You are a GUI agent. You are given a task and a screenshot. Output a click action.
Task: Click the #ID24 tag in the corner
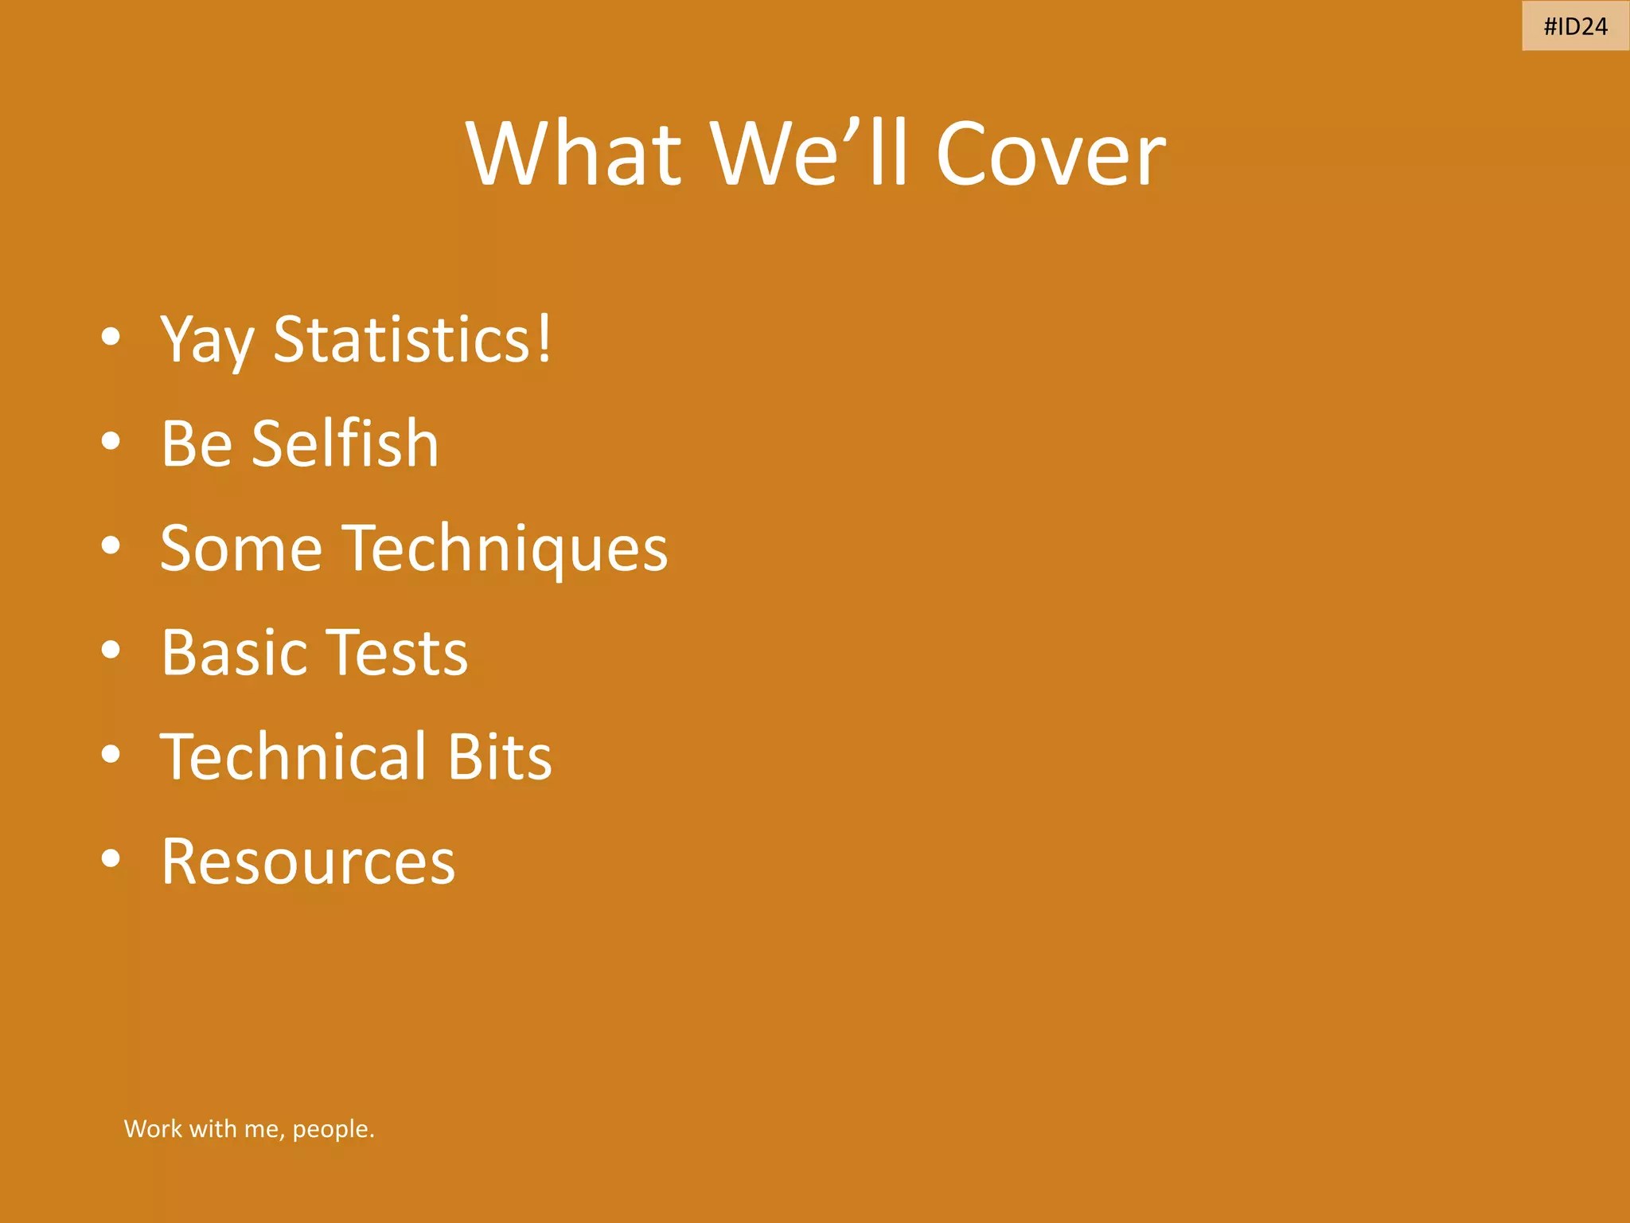pos(1575,26)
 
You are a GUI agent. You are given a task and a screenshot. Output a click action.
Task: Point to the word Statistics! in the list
pos(412,339)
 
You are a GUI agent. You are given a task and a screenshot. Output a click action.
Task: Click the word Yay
pos(207,341)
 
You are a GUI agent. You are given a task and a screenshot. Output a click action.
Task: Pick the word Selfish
pos(345,443)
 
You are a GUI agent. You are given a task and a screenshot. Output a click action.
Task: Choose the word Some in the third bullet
pos(241,549)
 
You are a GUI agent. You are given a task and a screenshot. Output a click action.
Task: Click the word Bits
pos(499,756)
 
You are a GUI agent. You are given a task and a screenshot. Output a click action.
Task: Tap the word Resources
pos(308,862)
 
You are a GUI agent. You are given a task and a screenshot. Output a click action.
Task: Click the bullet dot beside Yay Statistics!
pos(111,337)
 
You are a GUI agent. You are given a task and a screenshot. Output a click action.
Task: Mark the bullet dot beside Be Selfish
pos(111,441)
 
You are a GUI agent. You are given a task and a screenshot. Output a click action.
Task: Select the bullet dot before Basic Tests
pos(111,650)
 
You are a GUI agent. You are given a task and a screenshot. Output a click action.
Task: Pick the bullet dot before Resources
pos(111,859)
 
